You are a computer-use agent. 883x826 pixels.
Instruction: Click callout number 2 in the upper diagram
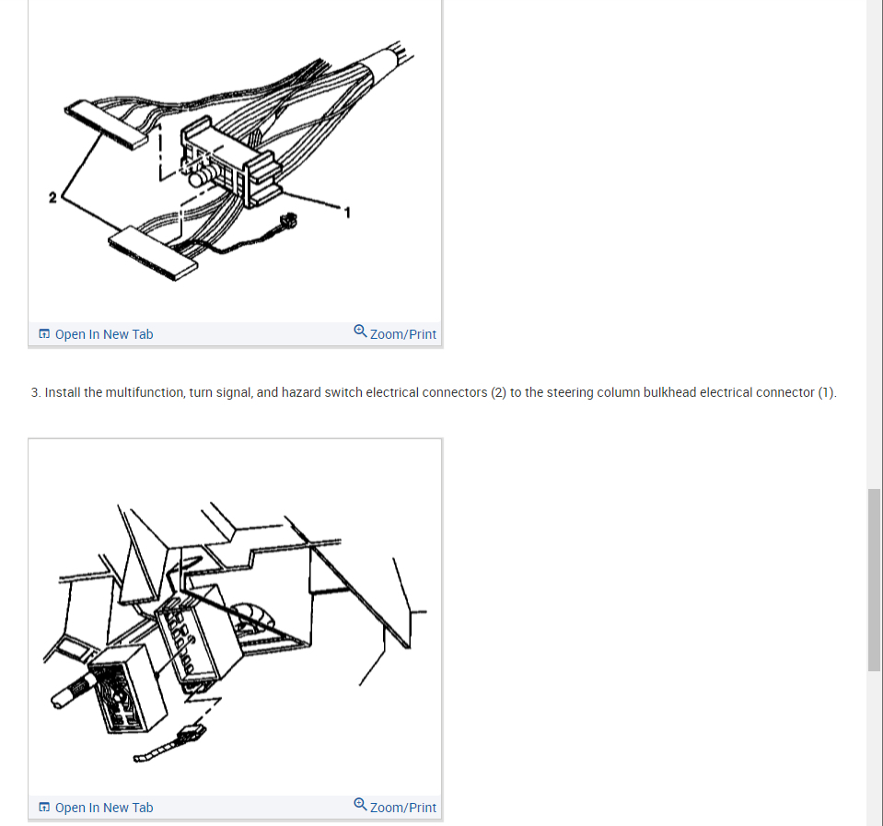pyautogui.click(x=52, y=197)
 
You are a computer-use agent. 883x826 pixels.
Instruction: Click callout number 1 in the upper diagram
pyautogui.click(x=347, y=215)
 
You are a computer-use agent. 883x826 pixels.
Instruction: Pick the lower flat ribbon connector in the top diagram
pyautogui.click(x=153, y=252)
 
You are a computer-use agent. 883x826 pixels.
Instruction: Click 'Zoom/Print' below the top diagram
pyautogui.click(x=402, y=334)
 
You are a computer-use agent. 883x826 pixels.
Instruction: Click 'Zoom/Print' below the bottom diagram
pyautogui.click(x=402, y=808)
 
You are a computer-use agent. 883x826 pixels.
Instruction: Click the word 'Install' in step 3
pyautogui.click(x=62, y=392)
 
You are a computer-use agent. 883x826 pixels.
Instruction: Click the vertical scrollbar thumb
pyautogui.click(x=874, y=580)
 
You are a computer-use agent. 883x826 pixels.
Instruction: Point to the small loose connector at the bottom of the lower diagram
pyautogui.click(x=188, y=737)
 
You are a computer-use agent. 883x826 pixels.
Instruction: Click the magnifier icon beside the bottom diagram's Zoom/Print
pyautogui.click(x=361, y=805)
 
